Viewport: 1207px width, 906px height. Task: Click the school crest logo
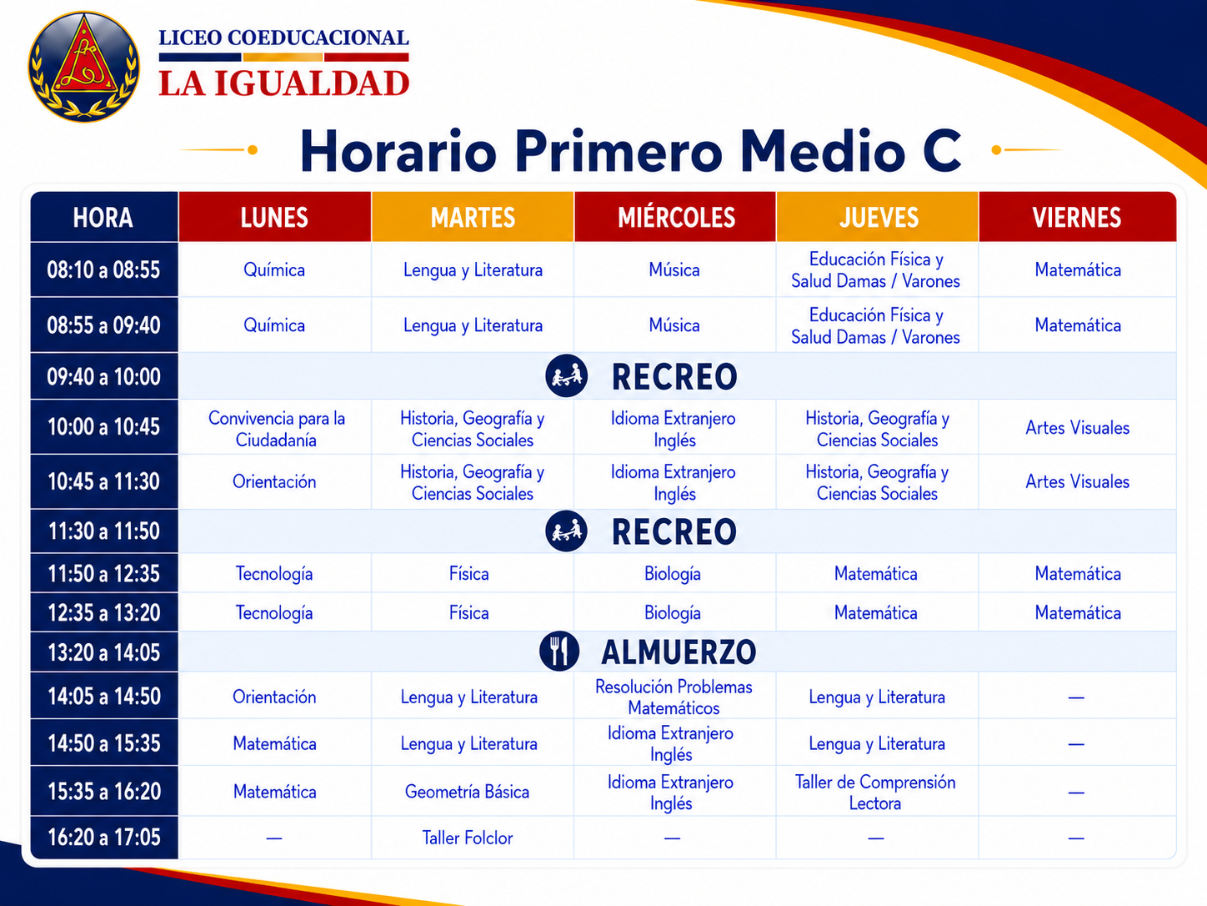tap(84, 67)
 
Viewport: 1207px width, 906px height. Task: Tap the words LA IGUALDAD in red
tap(283, 83)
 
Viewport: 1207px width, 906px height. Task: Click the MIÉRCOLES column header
tap(676, 218)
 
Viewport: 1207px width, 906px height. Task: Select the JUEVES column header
tap(879, 218)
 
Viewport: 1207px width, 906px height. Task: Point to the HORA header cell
tap(103, 218)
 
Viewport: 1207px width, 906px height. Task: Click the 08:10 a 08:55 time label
tap(103, 270)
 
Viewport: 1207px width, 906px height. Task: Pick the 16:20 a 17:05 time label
tap(104, 838)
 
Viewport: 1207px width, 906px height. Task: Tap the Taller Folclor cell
tap(468, 838)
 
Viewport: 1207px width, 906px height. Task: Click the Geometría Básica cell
tap(467, 792)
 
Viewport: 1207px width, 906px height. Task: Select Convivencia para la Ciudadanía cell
tap(276, 429)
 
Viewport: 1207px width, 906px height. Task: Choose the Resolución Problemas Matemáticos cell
tap(674, 697)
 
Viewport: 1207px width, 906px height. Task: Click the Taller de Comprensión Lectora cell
tap(875, 793)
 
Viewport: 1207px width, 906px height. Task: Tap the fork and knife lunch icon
tap(559, 652)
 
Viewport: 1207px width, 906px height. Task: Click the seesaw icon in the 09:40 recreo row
tap(566, 376)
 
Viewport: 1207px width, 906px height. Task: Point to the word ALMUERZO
tap(679, 652)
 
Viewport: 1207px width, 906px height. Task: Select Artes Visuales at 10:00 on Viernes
tap(1077, 427)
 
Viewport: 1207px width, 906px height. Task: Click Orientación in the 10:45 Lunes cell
tap(274, 481)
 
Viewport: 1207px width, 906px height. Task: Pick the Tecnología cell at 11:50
tap(274, 574)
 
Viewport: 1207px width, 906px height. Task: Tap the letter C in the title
tap(941, 151)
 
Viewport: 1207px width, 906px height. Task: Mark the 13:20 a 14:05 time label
tap(104, 652)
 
